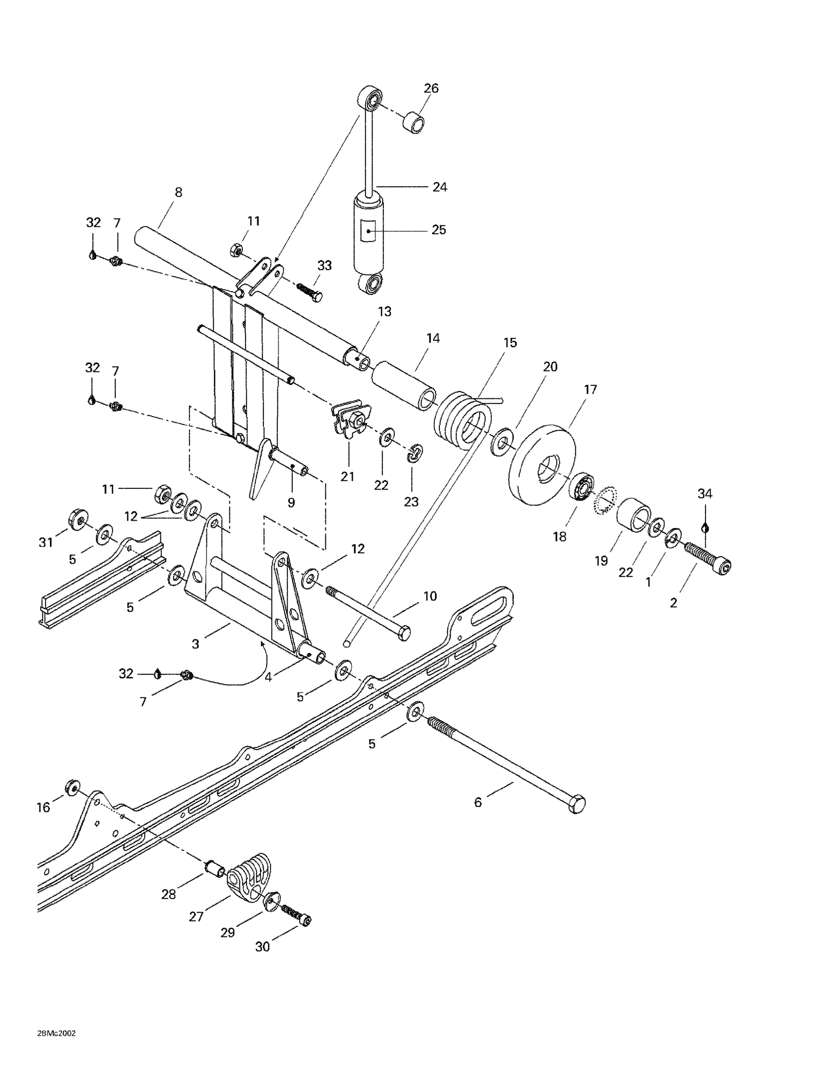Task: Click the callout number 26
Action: coord(431,88)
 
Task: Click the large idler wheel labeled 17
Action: coord(542,465)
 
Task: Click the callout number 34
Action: coord(705,494)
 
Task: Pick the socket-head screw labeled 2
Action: coord(708,559)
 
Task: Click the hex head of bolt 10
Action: coord(403,633)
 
